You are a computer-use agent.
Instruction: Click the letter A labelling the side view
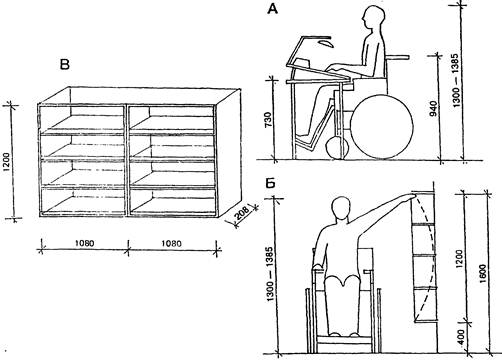point(272,9)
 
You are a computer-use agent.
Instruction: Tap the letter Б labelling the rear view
point(270,184)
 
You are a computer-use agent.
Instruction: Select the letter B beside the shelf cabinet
point(65,64)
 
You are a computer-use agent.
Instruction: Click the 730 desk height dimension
point(268,123)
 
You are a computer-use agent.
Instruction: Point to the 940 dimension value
point(433,109)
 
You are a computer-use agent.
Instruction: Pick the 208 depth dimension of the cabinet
point(242,214)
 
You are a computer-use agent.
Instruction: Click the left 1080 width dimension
point(84,243)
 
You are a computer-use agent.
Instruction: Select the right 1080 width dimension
point(172,244)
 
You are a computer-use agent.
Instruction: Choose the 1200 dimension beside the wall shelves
point(459,259)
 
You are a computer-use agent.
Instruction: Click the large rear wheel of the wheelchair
point(382,127)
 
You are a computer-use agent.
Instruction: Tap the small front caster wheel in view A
point(337,147)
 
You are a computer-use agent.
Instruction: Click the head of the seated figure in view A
point(373,18)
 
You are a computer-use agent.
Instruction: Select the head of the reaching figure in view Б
point(341,208)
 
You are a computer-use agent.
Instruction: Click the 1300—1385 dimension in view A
point(455,80)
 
